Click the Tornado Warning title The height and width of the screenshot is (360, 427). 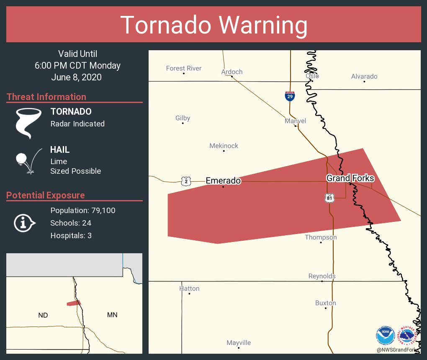tap(213, 25)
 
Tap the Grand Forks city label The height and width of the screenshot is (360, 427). tap(350, 178)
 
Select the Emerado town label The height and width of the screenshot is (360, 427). tap(223, 181)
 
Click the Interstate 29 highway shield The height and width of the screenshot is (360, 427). tap(290, 96)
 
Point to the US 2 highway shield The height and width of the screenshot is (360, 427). tap(186, 181)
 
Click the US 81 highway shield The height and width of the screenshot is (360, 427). tap(330, 198)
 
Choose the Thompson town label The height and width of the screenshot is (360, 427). tap(321, 237)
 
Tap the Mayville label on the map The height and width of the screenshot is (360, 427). tap(239, 343)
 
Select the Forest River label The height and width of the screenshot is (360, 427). tap(184, 68)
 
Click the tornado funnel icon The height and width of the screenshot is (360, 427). tap(28, 123)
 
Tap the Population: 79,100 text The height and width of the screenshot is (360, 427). tap(83, 210)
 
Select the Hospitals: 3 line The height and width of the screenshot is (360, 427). tap(71, 235)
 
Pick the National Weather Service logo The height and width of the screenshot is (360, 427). tap(407, 335)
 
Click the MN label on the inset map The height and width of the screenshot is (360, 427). tap(112, 315)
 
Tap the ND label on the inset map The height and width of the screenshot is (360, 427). tap(43, 315)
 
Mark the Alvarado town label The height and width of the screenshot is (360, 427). tap(364, 76)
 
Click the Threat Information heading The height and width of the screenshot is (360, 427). tap(46, 97)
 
